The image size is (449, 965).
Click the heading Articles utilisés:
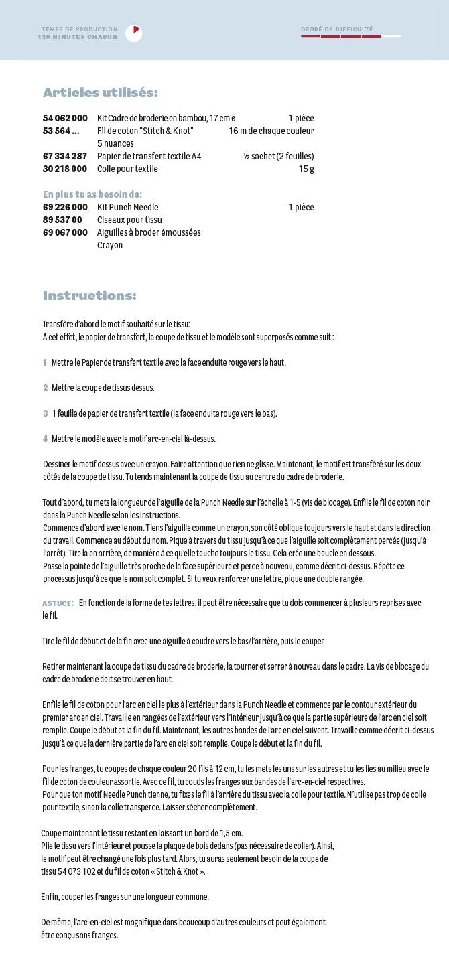click(101, 92)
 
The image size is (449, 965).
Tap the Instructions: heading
click(90, 295)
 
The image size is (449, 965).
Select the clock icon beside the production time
click(134, 33)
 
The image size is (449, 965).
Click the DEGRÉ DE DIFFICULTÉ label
click(337, 29)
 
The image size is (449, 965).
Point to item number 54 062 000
click(65, 118)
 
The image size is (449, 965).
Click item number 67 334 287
click(65, 156)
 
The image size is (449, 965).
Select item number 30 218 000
click(65, 169)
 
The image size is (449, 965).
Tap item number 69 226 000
click(65, 207)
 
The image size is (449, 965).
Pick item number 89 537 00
click(62, 220)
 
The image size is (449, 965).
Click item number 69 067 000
click(65, 232)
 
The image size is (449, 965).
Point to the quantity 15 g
click(306, 169)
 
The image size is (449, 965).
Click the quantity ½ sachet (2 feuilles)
click(278, 156)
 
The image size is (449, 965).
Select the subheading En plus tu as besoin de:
click(92, 194)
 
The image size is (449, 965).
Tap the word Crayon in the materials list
click(110, 245)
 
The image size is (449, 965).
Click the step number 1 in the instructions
click(45, 362)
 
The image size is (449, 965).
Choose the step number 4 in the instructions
click(45, 439)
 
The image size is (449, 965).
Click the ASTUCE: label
click(58, 603)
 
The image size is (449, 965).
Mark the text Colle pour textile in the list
click(127, 169)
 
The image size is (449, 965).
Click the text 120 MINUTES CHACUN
click(78, 37)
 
